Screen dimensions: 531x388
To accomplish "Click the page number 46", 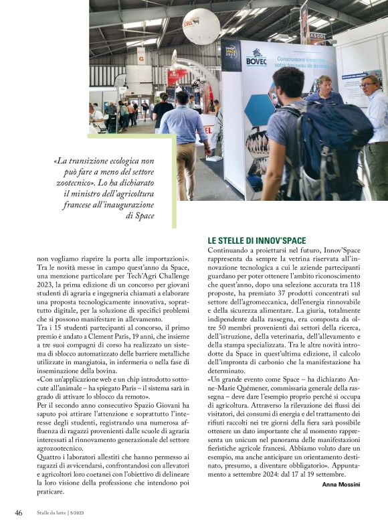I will pyautogui.click(x=19, y=514).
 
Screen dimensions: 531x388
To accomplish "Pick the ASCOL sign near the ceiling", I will pyautogui.click(x=317, y=37).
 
